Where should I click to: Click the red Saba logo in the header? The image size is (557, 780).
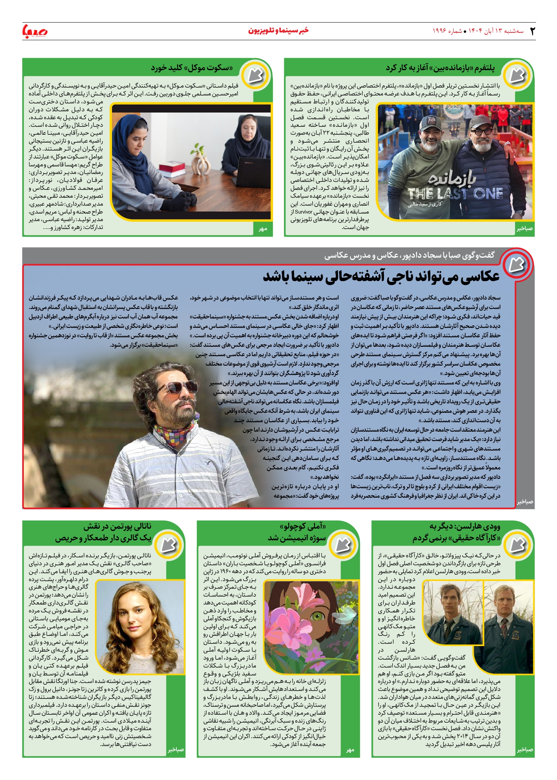pos(35,31)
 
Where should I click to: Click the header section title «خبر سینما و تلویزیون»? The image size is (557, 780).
pos(278,31)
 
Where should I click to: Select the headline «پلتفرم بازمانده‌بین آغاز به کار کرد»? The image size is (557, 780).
pos(440,68)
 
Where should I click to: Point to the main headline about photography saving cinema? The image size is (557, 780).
pos(381,277)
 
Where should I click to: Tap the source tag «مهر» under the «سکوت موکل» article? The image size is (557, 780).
pos(263,229)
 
